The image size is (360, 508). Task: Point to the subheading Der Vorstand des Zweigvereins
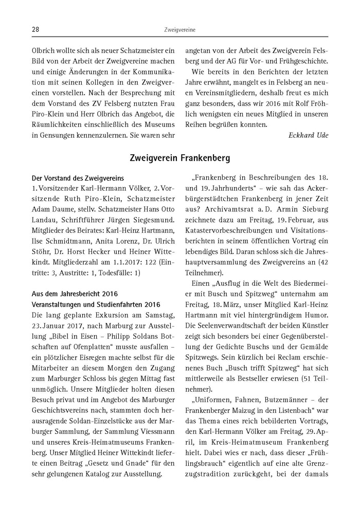(78, 178)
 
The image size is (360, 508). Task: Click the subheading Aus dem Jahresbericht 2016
(75, 294)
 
